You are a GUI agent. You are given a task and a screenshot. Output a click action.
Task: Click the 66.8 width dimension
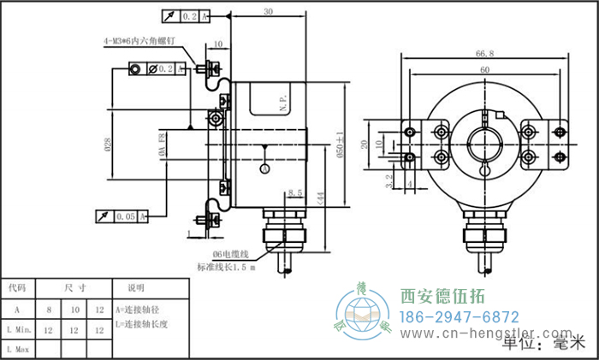click(484, 53)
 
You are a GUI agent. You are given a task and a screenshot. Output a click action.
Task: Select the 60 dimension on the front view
click(484, 68)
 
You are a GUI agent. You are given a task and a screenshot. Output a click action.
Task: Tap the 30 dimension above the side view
click(268, 12)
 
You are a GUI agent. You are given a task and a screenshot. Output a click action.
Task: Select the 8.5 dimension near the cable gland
click(297, 193)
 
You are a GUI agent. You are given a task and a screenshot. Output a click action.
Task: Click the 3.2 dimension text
click(389, 179)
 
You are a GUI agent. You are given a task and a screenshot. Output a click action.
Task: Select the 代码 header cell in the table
click(17, 288)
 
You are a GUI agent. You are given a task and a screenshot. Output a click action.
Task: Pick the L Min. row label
click(18, 329)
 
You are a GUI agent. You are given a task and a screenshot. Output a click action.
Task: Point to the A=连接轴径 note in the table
click(138, 309)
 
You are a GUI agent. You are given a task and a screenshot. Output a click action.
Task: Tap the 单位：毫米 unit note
click(542, 344)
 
